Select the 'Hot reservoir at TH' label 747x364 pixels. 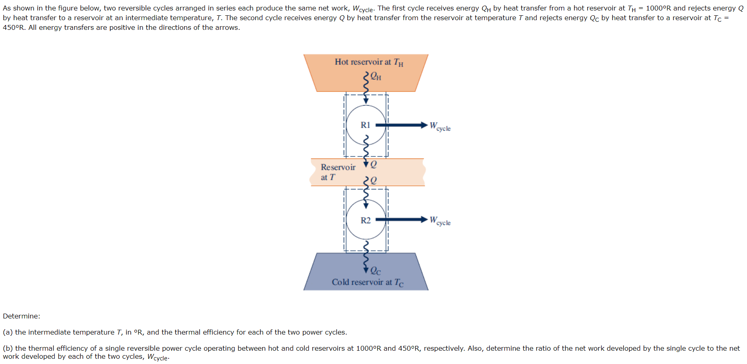[369, 62]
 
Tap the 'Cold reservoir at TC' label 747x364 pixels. [367, 282]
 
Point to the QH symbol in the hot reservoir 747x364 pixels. [376, 76]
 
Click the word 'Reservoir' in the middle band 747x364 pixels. [338, 167]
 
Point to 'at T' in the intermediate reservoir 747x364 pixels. [328, 177]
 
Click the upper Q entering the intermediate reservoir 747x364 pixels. [373, 164]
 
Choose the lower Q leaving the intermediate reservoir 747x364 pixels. [373, 180]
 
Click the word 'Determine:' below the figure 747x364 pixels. [21, 316]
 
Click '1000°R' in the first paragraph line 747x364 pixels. [658, 8]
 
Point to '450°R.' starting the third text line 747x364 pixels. [14, 27]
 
